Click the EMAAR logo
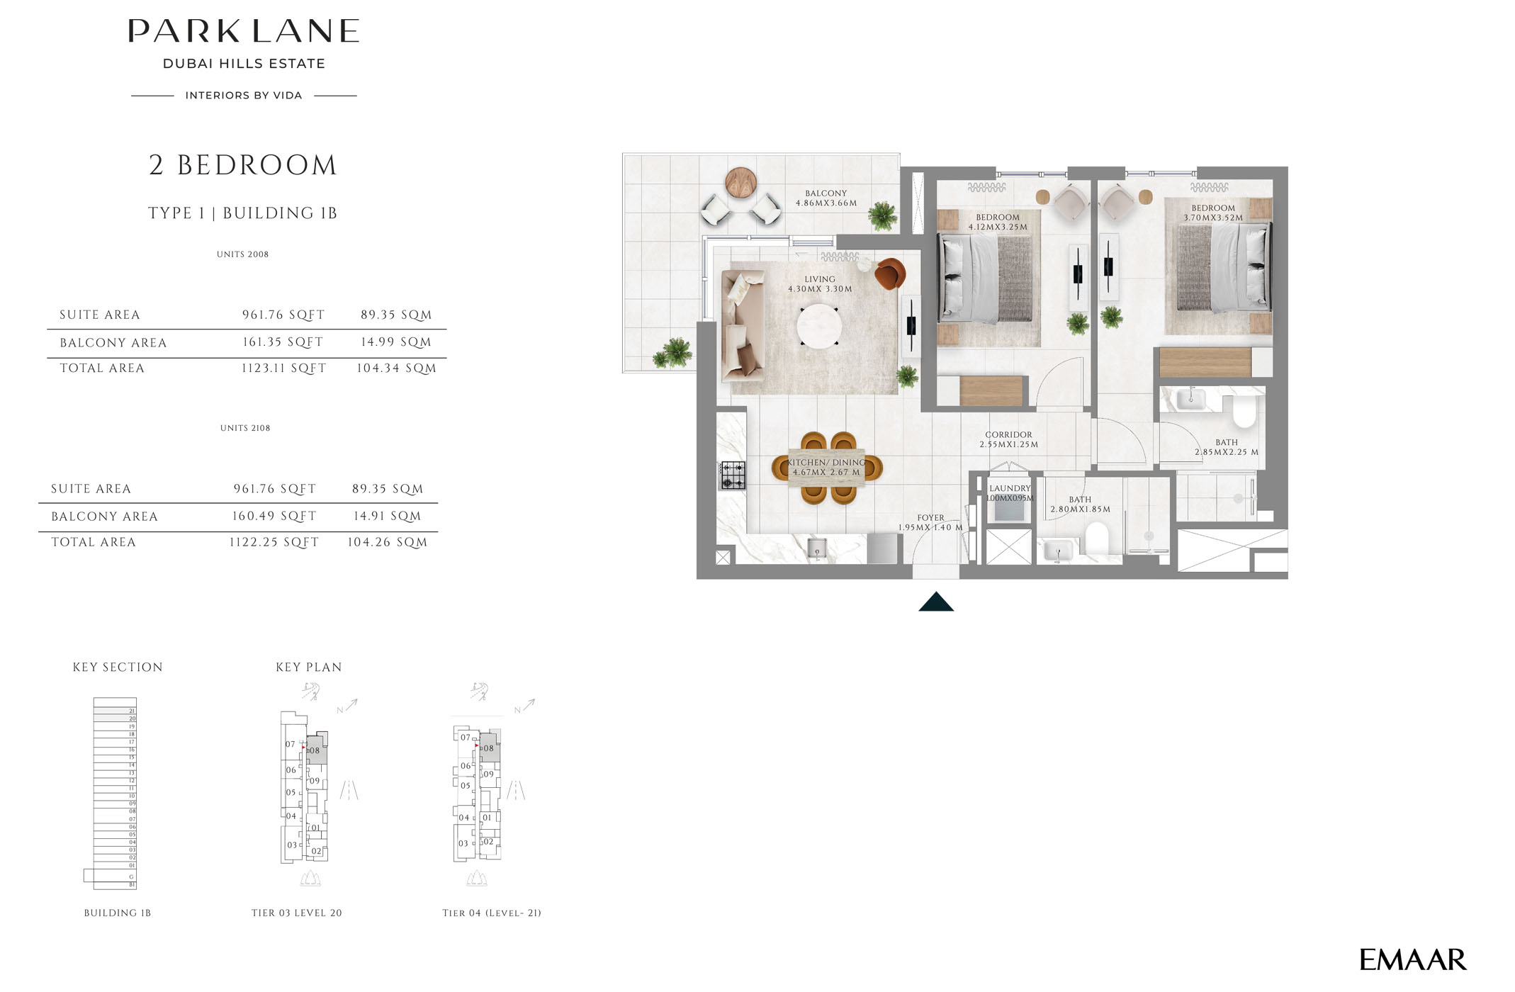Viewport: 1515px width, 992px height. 1412,960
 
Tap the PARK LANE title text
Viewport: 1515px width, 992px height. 244,32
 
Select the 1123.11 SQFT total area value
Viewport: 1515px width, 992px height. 283,368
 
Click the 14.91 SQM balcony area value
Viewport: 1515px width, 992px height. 387,517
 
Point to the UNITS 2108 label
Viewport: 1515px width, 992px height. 245,428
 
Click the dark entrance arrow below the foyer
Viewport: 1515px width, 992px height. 936,602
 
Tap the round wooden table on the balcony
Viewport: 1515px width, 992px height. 740,182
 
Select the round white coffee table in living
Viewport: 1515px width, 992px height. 819,327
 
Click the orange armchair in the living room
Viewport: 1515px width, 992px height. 890,274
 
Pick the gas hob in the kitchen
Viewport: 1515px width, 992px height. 733,475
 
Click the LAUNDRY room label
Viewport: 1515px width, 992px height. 1010,489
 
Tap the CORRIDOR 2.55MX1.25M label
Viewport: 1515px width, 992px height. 1008,440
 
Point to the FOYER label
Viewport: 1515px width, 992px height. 930,518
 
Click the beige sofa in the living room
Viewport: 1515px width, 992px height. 742,327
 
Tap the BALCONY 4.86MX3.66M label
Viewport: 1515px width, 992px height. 826,198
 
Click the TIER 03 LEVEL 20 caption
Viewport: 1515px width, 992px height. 296,913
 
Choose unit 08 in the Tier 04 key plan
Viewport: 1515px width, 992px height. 489,748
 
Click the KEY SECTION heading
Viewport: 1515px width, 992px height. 118,667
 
